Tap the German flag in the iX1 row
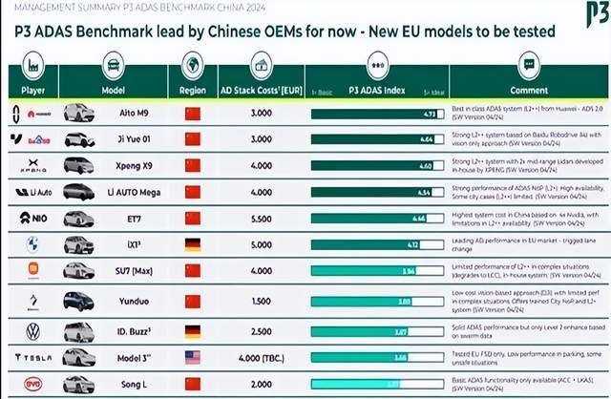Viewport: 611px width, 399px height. pos(193,245)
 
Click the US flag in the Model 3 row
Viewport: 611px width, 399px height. pos(193,357)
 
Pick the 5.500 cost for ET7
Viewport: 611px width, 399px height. pos(262,219)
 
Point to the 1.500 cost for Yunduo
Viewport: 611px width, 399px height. pos(262,301)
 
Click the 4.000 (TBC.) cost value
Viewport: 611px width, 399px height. pos(262,357)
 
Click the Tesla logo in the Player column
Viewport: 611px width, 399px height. pos(32,357)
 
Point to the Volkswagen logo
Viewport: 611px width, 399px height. pos(32,330)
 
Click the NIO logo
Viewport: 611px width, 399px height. pos(32,219)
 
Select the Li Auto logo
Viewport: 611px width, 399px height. pos(32,192)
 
